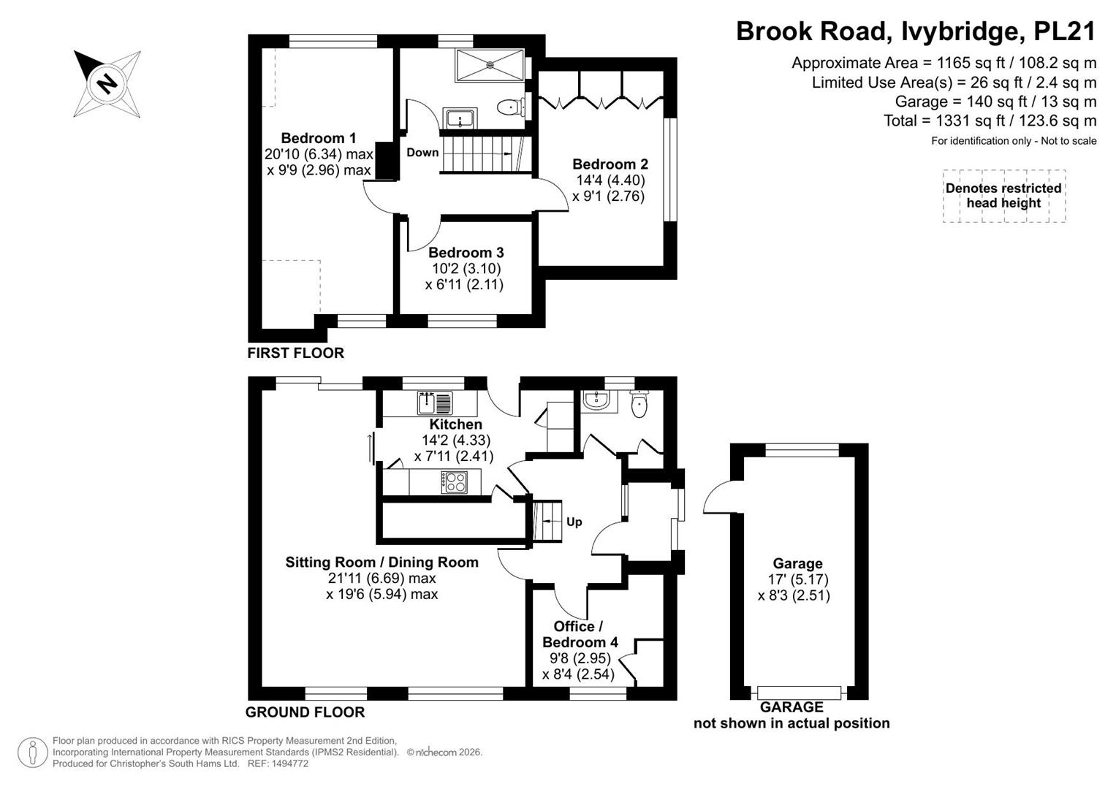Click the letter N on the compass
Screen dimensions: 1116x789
coord(107,83)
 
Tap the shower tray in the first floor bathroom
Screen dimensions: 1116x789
coord(490,65)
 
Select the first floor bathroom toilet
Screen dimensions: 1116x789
coord(511,107)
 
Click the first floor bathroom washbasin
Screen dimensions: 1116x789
coord(460,119)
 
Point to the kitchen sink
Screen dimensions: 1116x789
coord(435,403)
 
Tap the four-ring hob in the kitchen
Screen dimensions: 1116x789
coord(454,482)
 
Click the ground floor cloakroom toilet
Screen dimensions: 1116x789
coord(639,403)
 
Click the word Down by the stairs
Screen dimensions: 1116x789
coord(422,153)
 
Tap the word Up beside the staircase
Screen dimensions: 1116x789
coord(574,522)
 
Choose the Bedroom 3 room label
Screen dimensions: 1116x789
coord(466,253)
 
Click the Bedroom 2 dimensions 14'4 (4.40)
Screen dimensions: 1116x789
coord(610,180)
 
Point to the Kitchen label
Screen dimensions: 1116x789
coord(455,424)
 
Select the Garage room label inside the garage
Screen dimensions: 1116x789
coord(797,563)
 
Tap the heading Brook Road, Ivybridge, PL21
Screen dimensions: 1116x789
coord(916,31)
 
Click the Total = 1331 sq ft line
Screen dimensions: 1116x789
coord(990,121)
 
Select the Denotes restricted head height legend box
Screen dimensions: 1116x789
coord(1004,196)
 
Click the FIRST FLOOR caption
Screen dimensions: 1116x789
coord(295,353)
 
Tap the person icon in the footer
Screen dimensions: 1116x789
coord(32,752)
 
